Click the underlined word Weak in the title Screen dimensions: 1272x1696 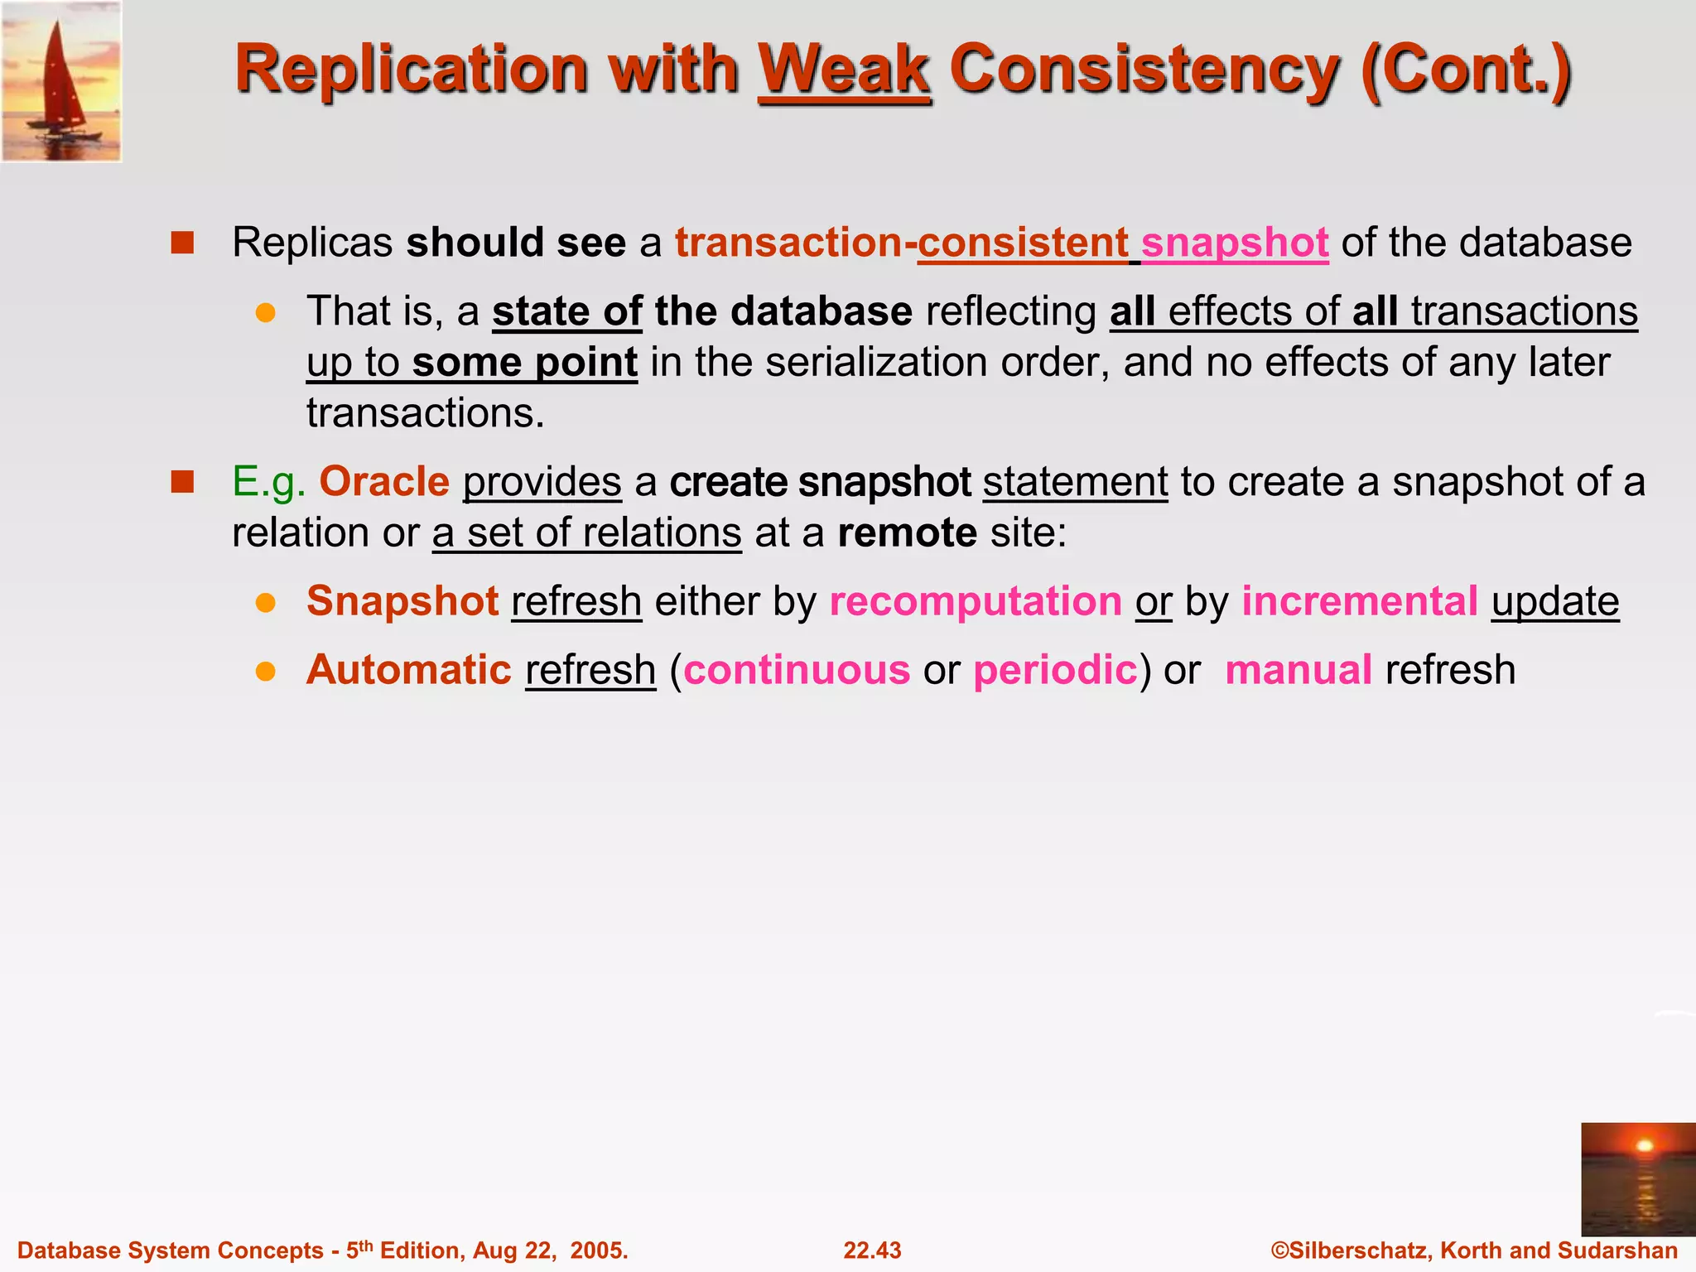(844, 70)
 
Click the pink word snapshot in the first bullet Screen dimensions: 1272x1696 (1235, 243)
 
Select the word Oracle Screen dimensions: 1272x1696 (384, 482)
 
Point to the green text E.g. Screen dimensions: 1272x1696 (268, 482)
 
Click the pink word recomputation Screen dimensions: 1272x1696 (976, 601)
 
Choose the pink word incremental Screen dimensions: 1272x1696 (1359, 601)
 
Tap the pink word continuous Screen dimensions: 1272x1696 (797, 670)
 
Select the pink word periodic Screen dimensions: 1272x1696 (1055, 670)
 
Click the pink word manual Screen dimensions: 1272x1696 (1298, 670)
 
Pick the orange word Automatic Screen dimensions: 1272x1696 (409, 670)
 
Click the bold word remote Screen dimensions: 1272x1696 (907, 532)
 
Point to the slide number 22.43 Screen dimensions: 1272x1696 (872, 1250)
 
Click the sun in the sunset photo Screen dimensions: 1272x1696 (1645, 1146)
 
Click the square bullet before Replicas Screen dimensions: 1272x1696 (182, 243)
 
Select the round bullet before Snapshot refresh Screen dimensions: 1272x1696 (265, 602)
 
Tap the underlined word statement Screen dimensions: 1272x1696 (1075, 482)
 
